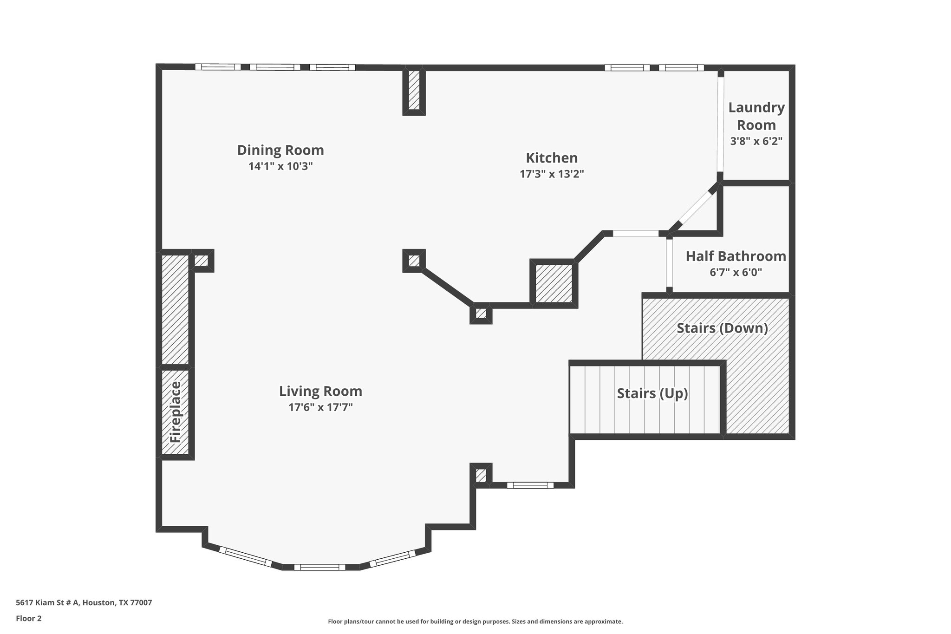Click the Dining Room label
click(280, 150)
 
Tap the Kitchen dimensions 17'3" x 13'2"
click(551, 174)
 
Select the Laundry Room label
click(756, 116)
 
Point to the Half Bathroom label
click(736, 256)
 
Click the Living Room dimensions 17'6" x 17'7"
click(320, 407)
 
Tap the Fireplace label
click(175, 412)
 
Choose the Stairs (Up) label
click(652, 393)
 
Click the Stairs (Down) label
click(722, 328)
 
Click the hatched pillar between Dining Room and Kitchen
click(414, 90)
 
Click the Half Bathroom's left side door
click(669, 263)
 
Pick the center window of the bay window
click(320, 567)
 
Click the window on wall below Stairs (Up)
click(530, 485)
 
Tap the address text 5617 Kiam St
click(84, 602)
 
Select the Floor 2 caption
click(29, 618)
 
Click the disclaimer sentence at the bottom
click(475, 621)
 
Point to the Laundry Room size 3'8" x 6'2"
click(756, 141)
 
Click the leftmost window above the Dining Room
click(218, 67)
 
